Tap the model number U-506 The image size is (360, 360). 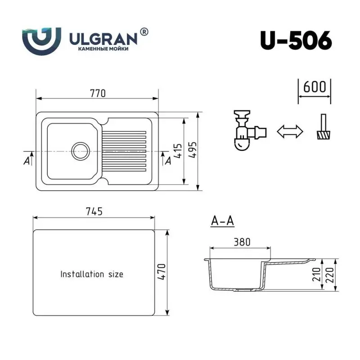click(x=296, y=41)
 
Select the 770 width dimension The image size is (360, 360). click(x=98, y=93)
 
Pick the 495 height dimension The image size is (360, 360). click(x=192, y=151)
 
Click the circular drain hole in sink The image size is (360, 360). click(x=81, y=150)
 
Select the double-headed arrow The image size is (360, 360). click(x=289, y=132)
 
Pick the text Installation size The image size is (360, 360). click(x=92, y=274)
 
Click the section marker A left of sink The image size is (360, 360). click(x=27, y=160)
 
